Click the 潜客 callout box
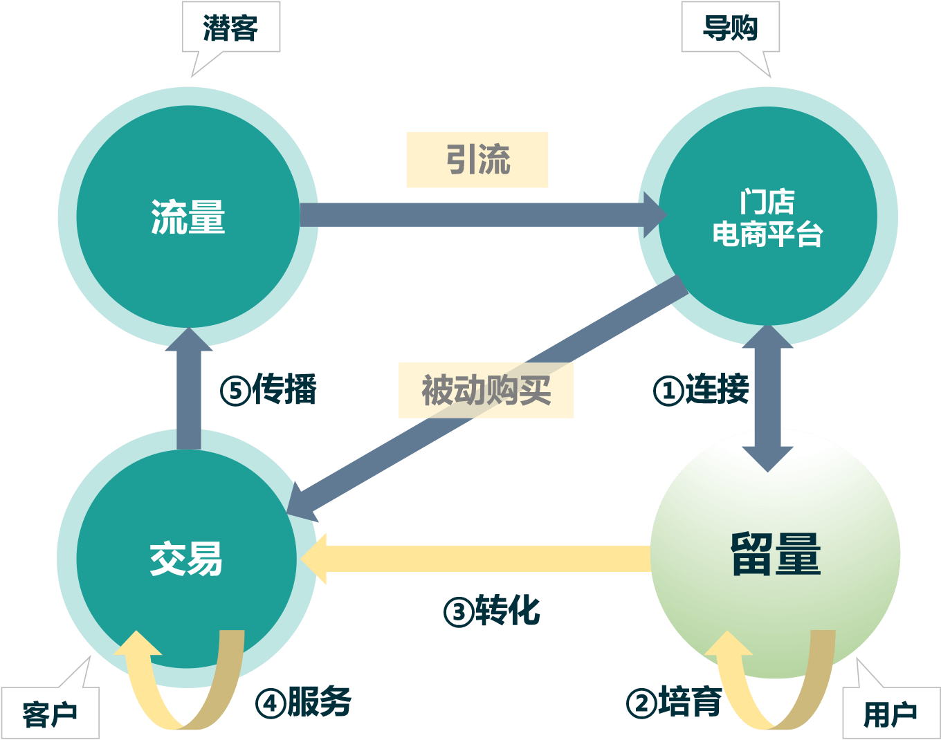pyautogui.click(x=230, y=28)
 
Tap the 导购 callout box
pyautogui.click(x=730, y=28)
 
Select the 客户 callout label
pyautogui.click(x=50, y=713)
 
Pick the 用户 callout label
pyautogui.click(x=890, y=713)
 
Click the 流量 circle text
pyautogui.click(x=188, y=217)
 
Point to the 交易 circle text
pyautogui.click(x=187, y=559)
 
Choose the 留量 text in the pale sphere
pyautogui.click(x=776, y=554)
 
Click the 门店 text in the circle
pyautogui.click(x=767, y=202)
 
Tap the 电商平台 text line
pyautogui.click(x=767, y=234)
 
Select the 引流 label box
pyautogui.click(x=477, y=160)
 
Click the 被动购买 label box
pyautogui.click(x=486, y=390)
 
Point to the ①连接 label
pyautogui.click(x=701, y=389)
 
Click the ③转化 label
pyautogui.click(x=492, y=611)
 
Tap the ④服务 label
pyautogui.click(x=304, y=702)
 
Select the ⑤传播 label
pyautogui.click(x=268, y=389)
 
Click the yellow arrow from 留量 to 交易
pyautogui.click(x=477, y=559)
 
